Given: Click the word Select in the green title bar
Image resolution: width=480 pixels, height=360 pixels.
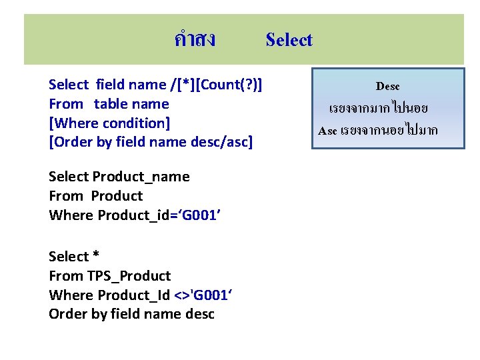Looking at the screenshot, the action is [x=289, y=40].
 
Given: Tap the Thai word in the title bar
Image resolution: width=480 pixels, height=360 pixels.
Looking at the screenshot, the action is [x=194, y=40].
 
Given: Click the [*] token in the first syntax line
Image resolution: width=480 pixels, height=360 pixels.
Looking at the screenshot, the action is [x=178, y=85].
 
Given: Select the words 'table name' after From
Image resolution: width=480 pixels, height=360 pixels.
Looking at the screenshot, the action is [x=131, y=104].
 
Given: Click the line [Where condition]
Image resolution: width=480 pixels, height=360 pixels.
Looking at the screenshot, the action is [x=109, y=123].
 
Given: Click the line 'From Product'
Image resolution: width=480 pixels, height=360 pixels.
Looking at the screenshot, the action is [x=95, y=196].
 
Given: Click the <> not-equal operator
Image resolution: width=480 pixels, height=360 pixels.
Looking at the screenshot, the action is [x=181, y=295].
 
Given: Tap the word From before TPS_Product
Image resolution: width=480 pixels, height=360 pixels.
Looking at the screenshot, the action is [x=65, y=276].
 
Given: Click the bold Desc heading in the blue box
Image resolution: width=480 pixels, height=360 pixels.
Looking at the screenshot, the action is [x=387, y=87].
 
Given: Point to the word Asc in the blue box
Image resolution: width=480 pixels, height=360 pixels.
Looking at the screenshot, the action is [x=327, y=131].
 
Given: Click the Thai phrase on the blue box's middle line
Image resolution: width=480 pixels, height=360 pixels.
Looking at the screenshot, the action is [x=378, y=108].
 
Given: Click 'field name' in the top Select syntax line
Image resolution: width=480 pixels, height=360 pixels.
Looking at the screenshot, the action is [x=131, y=85].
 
